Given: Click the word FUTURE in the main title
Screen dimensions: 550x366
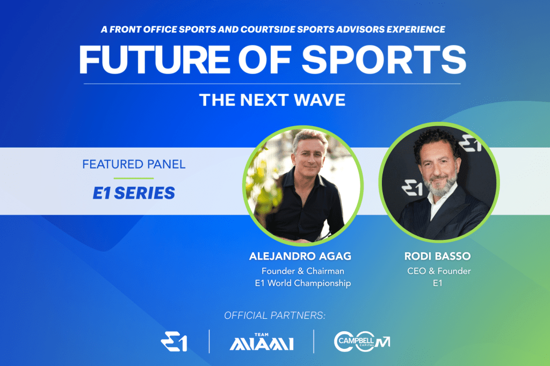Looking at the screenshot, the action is click(x=154, y=60).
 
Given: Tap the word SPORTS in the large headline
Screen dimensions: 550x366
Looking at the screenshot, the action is click(x=384, y=60).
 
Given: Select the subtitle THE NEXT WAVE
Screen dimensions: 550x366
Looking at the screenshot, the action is click(x=272, y=100).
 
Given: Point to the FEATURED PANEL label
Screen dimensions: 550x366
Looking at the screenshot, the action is click(x=134, y=164).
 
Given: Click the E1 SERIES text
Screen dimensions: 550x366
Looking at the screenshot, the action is click(x=134, y=193).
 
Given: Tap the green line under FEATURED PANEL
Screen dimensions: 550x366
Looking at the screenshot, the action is click(x=134, y=178).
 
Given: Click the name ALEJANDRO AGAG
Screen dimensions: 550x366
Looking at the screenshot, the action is click(x=300, y=257).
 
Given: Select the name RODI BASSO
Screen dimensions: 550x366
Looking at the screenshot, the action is click(x=437, y=257).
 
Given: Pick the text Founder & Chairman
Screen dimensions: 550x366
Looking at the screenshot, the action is click(x=303, y=271).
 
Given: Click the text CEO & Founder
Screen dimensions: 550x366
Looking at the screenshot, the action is click(x=439, y=271).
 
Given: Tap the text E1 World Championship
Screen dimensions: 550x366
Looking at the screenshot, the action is click(x=303, y=283).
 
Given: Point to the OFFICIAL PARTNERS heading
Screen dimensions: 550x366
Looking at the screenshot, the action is click(x=274, y=316).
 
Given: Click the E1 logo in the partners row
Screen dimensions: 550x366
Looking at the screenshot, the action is click(x=174, y=341).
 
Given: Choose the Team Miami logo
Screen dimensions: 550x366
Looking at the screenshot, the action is click(x=262, y=342).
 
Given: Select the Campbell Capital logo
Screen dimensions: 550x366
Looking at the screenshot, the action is click(x=362, y=341).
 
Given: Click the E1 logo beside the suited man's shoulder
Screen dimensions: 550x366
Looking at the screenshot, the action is click(x=412, y=188).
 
